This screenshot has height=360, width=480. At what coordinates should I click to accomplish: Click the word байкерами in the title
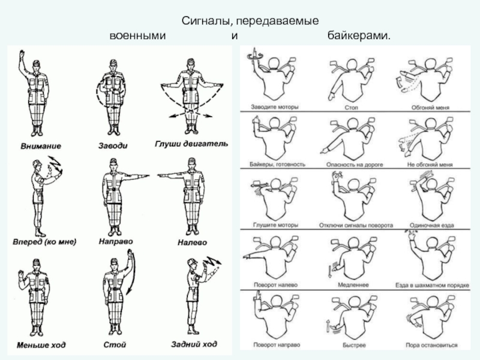coord(359,37)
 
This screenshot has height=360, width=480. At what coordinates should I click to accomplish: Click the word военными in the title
coord(137,37)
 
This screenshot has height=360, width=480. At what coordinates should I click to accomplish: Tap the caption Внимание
coord(41,146)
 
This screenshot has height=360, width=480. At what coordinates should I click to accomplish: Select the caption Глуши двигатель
coord(191,145)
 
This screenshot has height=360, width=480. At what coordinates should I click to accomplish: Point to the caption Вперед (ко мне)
coord(45,242)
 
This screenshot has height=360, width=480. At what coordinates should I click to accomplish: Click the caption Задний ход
coord(194,344)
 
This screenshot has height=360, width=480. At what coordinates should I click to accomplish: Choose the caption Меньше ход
coord(42,345)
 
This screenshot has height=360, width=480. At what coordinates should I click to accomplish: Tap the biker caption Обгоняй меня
coord(428,107)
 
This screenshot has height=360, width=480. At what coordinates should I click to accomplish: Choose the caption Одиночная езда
coord(431,225)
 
